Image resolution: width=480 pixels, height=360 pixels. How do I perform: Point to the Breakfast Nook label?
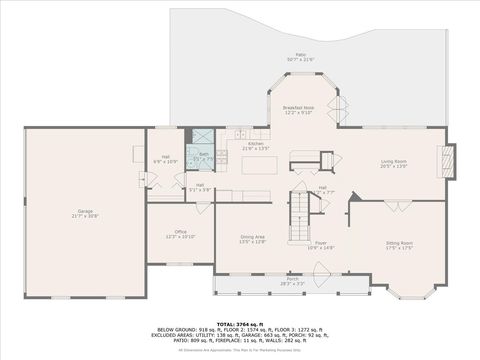point(298,109)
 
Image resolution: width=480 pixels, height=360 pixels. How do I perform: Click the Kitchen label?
point(256,146)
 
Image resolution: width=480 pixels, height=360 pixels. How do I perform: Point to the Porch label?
point(292,283)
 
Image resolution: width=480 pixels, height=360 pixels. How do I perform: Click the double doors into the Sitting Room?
point(398,206)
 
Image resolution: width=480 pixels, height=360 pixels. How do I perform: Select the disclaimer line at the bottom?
point(240,350)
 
